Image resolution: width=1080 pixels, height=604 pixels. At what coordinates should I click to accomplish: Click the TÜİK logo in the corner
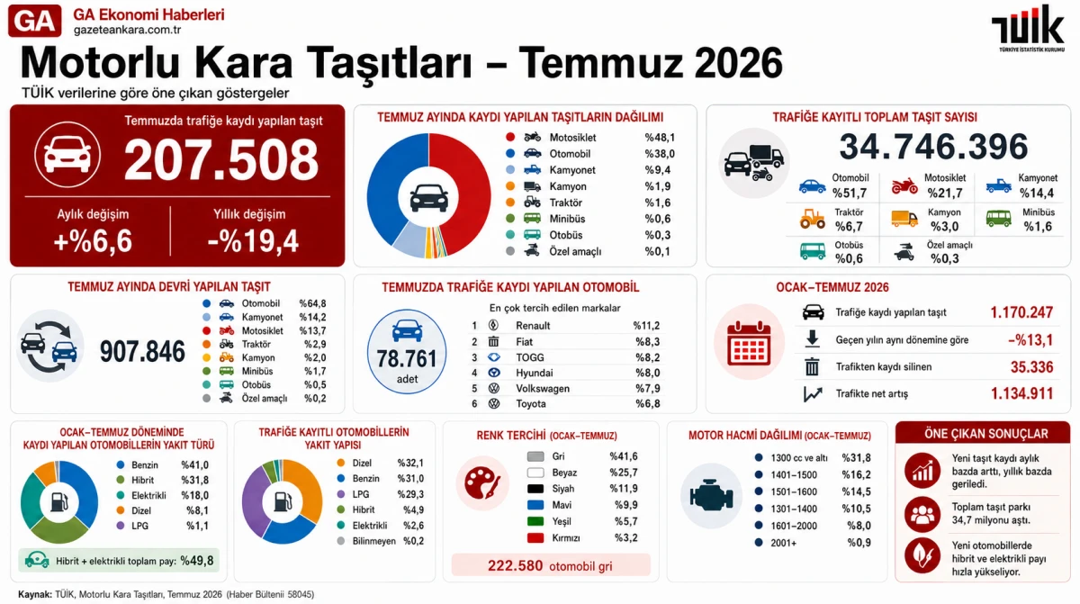pos(1028,28)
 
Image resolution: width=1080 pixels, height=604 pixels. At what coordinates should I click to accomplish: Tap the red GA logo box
pos(35,21)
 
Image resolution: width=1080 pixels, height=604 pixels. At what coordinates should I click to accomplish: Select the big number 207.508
pos(221,159)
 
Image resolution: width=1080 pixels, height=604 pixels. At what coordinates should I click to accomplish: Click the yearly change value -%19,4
pos(253,241)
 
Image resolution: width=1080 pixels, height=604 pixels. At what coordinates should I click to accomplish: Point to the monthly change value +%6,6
pos(93,241)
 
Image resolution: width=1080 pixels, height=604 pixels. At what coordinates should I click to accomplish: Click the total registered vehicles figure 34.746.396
pos(933,147)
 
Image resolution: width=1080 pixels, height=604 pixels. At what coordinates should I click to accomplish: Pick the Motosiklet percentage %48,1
pos(660,138)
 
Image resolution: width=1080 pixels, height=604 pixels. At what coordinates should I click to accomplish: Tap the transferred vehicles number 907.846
pos(142,351)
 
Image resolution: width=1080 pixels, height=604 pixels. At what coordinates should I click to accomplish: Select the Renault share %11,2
pos(646,326)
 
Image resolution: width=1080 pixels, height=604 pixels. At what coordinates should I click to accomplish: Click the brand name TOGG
pos(530,357)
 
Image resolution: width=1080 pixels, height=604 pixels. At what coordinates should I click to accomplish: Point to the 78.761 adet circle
pos(407,351)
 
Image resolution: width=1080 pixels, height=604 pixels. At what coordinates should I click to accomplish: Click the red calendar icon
pos(749,343)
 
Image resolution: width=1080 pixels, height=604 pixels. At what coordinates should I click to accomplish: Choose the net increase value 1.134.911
pos(1021,394)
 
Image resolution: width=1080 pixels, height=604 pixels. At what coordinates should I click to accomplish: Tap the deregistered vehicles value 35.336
pos(1031,367)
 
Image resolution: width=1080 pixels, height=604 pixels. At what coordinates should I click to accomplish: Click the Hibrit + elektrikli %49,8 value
pos(197,561)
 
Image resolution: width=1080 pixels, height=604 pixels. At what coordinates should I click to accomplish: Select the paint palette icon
pos(482,483)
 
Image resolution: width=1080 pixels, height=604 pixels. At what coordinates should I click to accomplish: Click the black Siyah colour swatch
pos(535,489)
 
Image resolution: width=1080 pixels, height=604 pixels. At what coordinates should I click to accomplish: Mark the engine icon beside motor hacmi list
pos(711,495)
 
